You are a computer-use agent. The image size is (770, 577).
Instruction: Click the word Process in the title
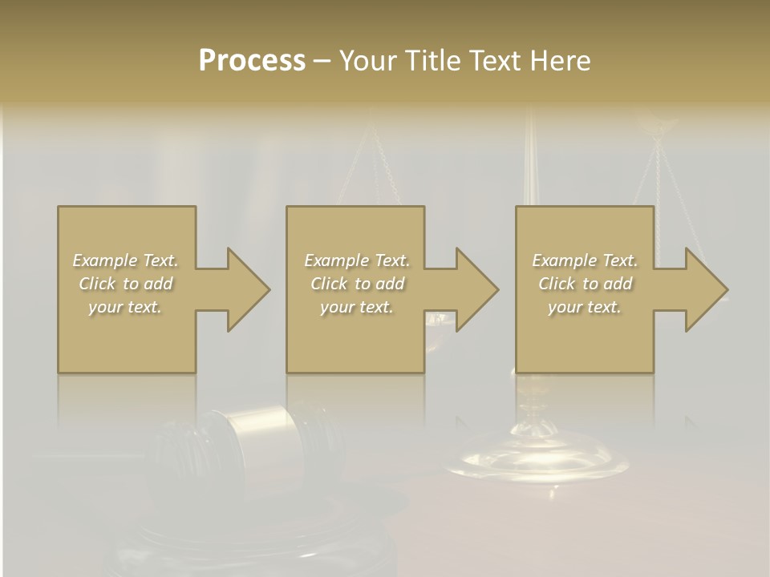point(252,61)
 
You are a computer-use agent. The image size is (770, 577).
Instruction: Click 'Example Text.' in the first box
point(125,260)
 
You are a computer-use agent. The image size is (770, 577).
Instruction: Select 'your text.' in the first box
point(125,307)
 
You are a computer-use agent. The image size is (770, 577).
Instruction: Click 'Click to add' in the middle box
point(357,284)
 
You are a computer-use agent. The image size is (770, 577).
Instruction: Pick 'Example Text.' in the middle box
point(357,260)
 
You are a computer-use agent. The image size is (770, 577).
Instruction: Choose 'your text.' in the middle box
point(357,307)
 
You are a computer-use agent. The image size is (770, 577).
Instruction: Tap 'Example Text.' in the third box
point(585,260)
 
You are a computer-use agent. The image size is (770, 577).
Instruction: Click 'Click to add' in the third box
point(585,284)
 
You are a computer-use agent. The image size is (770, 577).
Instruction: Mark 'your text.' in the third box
point(585,307)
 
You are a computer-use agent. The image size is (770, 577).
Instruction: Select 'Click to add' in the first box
point(125,284)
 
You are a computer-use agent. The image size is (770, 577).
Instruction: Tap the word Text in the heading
point(492,61)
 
